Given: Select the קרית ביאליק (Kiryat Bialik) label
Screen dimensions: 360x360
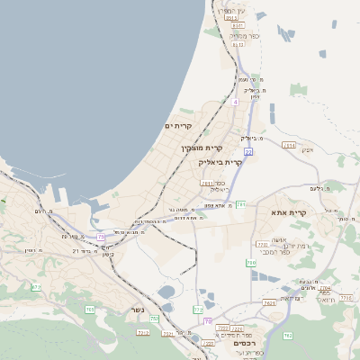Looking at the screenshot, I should click(x=220, y=162).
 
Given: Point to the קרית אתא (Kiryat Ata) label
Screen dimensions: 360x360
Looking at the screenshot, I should click(x=289, y=212).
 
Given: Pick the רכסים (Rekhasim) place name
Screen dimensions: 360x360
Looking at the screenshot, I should click(x=242, y=343).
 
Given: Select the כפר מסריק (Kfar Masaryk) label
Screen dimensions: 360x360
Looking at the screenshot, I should click(x=245, y=36).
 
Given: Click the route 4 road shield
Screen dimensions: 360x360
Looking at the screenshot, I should click(x=236, y=103).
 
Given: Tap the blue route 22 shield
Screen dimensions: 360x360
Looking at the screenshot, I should click(x=247, y=152).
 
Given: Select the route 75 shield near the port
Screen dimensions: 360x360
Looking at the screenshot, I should click(x=102, y=237).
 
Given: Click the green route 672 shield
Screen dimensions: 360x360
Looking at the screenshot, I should click(x=36, y=287).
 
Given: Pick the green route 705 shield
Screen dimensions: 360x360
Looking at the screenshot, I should click(x=90, y=310).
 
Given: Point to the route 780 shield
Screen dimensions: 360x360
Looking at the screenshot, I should click(x=251, y=263).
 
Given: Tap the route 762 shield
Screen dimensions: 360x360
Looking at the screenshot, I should click(x=288, y=336).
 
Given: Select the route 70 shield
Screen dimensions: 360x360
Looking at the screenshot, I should click(x=208, y=320).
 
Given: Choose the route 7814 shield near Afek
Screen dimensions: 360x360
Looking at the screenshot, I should click(x=289, y=145).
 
